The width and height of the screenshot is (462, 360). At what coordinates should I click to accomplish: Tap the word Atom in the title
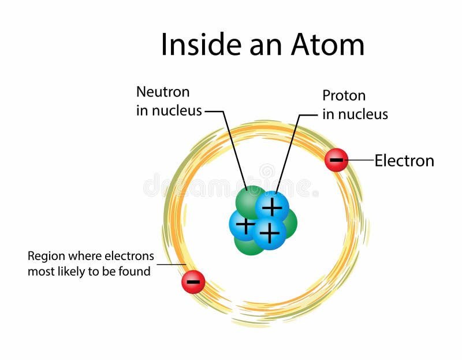coord(329,44)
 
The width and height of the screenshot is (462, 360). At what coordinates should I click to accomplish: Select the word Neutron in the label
coord(162,92)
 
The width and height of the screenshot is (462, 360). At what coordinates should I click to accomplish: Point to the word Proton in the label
coord(344,95)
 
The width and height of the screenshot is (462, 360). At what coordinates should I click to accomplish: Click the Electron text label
coord(404,161)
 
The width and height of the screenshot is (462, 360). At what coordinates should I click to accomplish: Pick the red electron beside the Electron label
coord(336,160)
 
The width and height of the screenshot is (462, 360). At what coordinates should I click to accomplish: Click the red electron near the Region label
coord(193,282)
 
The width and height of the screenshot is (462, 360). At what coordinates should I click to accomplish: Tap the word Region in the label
coord(46,256)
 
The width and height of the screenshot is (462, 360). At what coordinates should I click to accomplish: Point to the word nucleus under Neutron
coord(177,111)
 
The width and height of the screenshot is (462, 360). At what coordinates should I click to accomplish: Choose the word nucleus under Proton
coord(363,114)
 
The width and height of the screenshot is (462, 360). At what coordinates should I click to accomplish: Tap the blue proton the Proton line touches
coord(272,206)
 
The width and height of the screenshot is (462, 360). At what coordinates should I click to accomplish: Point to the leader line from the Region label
coord(170,265)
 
